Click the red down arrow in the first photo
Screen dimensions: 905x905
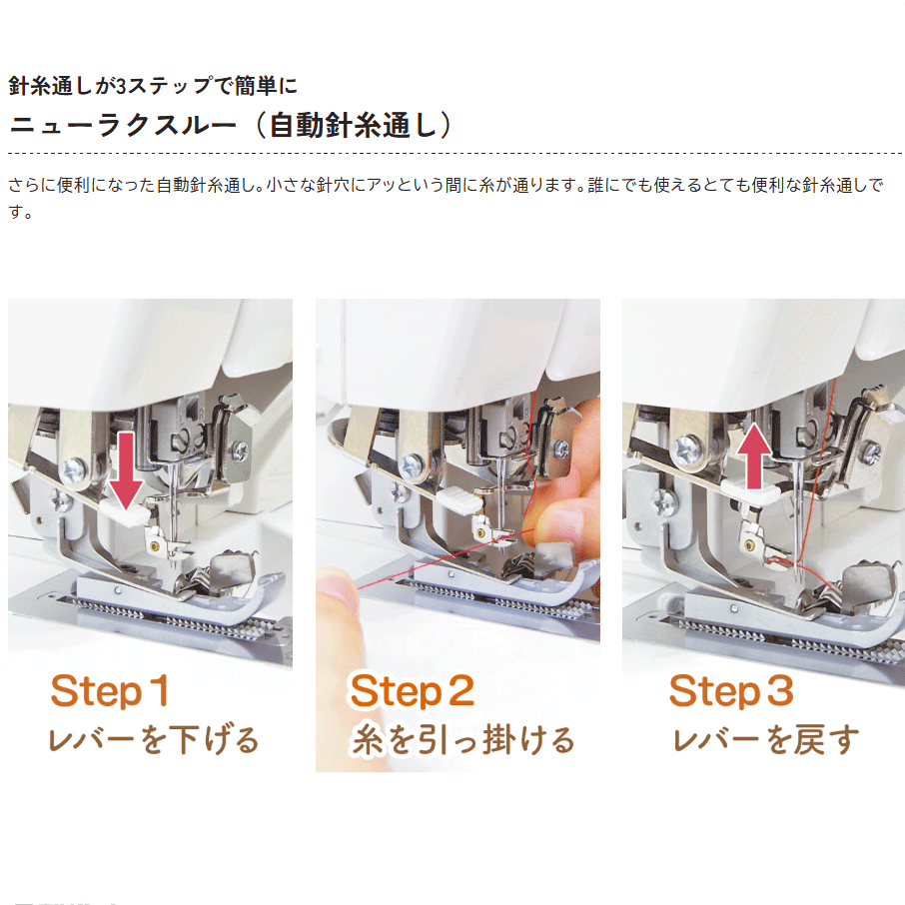click(126, 470)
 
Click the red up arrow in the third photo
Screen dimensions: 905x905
click(754, 455)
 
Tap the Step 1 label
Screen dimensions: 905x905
click(110, 690)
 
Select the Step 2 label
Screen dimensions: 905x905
click(413, 691)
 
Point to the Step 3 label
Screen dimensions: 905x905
click(731, 691)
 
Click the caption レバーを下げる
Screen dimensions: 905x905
click(154, 740)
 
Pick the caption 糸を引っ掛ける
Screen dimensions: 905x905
click(462, 740)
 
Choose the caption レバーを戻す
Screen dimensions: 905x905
click(766, 740)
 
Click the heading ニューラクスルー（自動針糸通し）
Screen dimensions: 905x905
click(231, 125)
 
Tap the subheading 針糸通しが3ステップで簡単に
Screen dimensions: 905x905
click(153, 86)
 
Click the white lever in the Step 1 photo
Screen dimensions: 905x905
click(125, 512)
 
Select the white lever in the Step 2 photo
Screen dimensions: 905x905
click(459, 499)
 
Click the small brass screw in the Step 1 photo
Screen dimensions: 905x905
click(155, 545)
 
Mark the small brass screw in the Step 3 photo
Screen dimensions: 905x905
click(749, 544)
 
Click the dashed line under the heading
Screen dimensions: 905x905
click(454, 154)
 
